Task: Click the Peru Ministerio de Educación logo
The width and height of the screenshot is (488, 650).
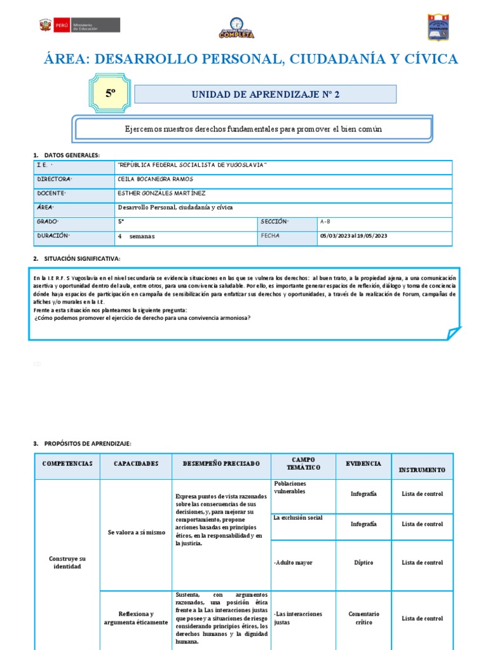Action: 79,26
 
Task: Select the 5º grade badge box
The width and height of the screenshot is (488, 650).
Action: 111,93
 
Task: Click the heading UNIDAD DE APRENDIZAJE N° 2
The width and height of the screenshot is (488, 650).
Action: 266,95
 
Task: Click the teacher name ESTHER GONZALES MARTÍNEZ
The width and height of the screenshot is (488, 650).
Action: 161,193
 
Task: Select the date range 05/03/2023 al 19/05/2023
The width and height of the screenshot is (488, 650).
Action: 354,236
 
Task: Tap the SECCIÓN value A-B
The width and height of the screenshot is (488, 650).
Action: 325,222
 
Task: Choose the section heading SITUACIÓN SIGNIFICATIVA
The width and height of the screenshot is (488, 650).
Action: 81,258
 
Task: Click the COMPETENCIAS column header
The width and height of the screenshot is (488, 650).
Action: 67,464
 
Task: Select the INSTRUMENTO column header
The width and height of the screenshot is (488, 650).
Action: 422,470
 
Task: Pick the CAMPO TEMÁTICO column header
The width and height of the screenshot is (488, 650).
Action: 303,463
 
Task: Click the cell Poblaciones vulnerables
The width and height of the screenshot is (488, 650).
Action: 290,487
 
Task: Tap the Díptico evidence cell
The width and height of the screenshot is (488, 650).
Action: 363,562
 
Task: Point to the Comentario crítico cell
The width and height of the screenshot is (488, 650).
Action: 363,618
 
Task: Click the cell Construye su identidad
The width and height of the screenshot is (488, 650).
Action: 67,562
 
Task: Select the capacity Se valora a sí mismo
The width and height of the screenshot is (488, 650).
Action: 135,532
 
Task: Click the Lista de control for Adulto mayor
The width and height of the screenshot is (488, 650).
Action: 422,562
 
